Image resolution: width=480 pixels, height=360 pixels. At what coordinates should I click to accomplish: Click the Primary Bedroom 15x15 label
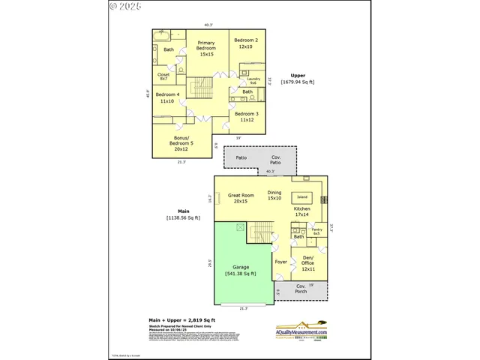point(206,49)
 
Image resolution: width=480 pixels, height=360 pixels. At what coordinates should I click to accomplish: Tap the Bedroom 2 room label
point(246,43)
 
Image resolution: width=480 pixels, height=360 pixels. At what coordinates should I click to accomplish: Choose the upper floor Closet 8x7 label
point(163,76)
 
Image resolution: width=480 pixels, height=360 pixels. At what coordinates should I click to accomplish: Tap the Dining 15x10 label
point(274,195)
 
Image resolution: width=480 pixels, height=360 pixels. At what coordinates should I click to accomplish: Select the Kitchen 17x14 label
point(302,211)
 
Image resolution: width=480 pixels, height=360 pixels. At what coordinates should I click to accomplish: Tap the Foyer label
point(281,262)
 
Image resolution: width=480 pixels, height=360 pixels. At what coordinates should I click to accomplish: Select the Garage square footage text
point(240,274)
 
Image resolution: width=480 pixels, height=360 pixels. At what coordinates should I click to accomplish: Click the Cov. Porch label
point(301,289)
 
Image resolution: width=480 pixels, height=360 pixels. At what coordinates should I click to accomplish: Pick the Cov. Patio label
point(276,160)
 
